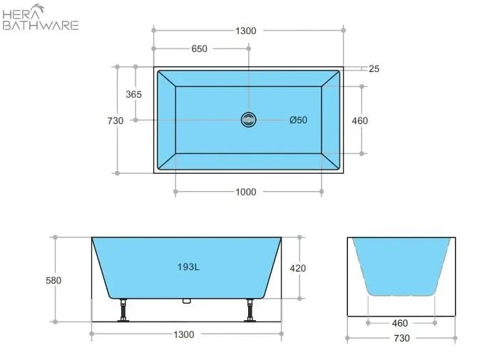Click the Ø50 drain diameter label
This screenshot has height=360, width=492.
[298, 120]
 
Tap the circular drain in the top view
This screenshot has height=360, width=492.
[249, 120]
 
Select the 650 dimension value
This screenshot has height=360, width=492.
[200, 49]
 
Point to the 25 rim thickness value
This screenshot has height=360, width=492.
[374, 69]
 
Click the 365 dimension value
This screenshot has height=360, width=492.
[133, 94]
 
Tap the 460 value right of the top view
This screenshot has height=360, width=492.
[360, 120]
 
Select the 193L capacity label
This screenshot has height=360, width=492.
[188, 267]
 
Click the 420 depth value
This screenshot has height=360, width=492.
[297, 268]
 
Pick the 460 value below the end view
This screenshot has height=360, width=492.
[400, 323]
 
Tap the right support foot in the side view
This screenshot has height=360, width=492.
[250, 311]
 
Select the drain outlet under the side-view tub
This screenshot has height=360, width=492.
[188, 301]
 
